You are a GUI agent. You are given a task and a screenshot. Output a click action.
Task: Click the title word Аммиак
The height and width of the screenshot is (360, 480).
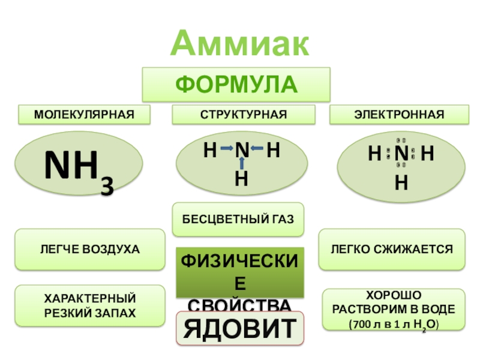point(240,44)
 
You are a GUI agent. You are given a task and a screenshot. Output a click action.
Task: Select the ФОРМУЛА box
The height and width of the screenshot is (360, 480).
point(236,84)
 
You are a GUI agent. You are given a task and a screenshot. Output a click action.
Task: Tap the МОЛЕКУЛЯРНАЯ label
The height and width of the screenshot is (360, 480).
point(83,114)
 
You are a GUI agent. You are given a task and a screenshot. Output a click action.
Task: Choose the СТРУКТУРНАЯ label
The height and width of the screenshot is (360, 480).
point(243,114)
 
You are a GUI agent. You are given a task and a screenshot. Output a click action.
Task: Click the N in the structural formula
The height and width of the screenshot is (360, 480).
point(242,150)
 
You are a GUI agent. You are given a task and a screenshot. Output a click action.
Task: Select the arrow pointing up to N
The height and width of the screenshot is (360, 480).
point(242,163)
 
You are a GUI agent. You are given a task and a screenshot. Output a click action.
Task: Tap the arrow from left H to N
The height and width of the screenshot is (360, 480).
point(226,148)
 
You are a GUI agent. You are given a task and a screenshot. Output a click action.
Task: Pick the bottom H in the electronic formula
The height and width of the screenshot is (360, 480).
point(401,182)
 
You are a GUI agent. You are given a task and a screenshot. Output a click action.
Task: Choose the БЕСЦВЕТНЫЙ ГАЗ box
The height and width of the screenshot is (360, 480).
point(238,219)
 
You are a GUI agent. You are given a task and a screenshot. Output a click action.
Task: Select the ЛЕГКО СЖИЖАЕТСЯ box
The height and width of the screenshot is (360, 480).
point(391,248)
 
